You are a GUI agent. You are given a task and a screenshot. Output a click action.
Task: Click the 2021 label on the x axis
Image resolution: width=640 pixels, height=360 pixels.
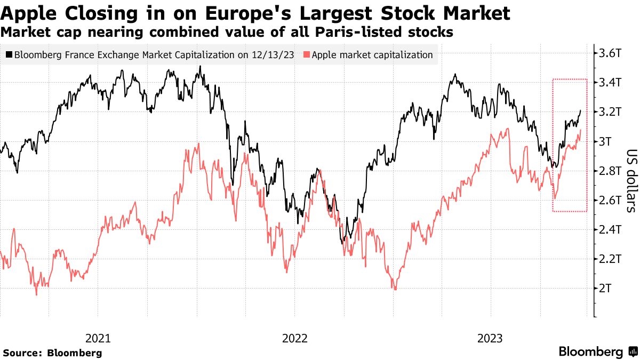tap(98, 338)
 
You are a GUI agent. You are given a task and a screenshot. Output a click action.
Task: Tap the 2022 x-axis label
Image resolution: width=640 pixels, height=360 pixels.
tap(295, 338)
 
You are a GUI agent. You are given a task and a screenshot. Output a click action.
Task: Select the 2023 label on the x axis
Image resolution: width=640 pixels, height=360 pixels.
tap(491, 338)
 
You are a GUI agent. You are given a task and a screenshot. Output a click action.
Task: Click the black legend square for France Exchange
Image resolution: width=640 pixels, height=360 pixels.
tap(9, 54)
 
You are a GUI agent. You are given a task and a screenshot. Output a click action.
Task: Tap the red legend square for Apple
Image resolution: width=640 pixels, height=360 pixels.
tap(306, 54)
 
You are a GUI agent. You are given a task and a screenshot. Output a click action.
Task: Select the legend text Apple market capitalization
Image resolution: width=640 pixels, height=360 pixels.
tap(372, 54)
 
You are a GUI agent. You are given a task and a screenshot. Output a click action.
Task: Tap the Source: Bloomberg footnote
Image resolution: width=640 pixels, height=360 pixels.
tap(52, 353)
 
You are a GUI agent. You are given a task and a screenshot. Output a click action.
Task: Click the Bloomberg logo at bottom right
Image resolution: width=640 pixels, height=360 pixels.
tap(597, 351)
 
